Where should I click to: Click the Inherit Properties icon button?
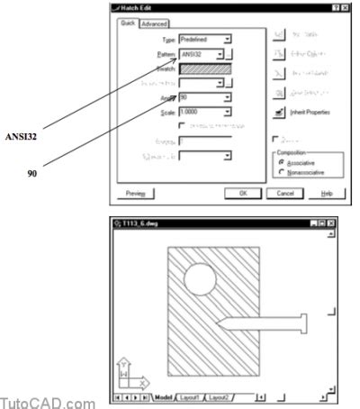pyautogui.click(x=280, y=112)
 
